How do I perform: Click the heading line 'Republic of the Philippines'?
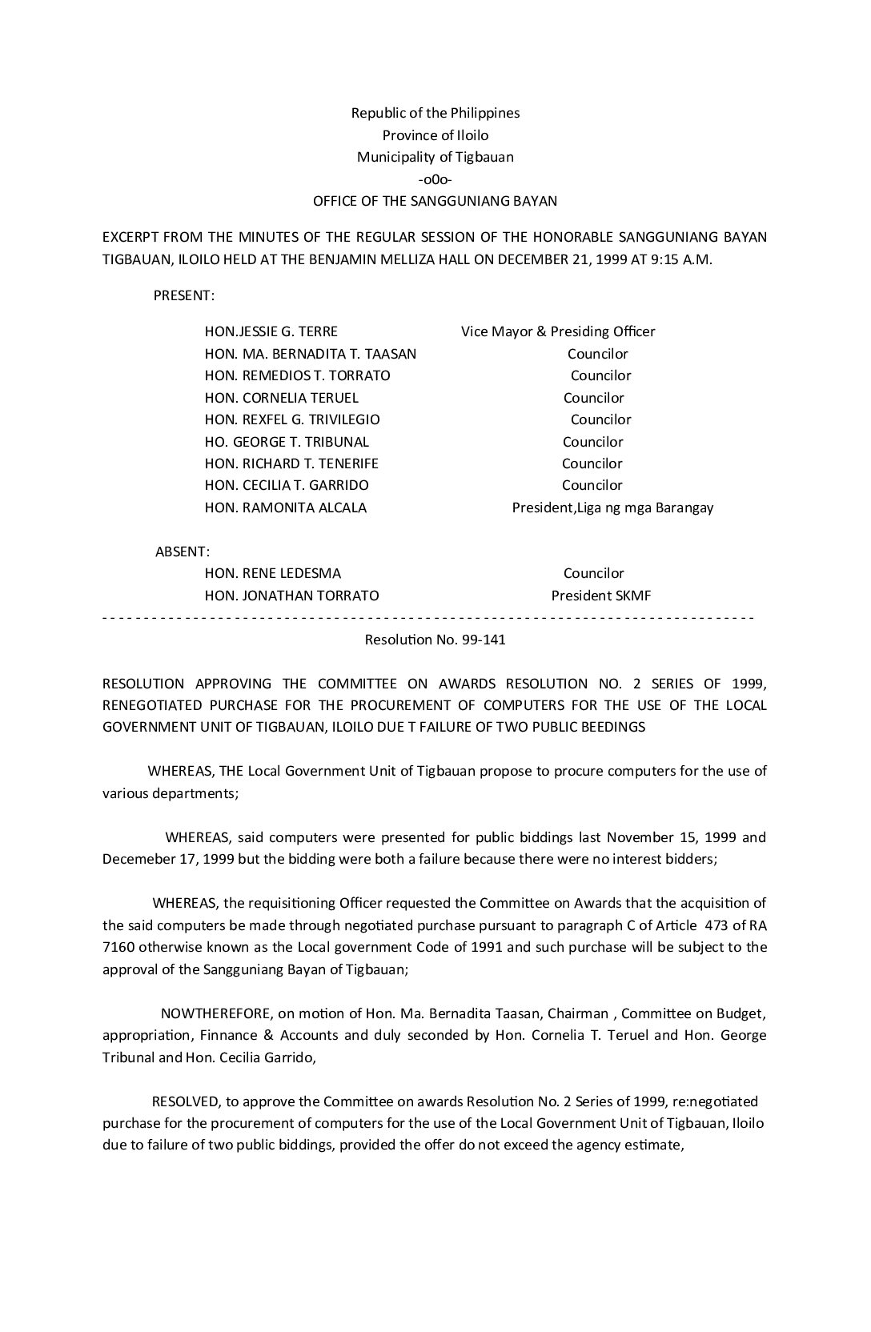point(435,113)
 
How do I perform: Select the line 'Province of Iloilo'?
point(435,135)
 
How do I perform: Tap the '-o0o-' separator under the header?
point(435,179)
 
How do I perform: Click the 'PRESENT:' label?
point(184,295)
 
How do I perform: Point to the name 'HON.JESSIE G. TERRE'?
point(271,331)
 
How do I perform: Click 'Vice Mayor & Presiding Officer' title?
point(558,331)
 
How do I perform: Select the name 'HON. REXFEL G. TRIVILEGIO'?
point(292,419)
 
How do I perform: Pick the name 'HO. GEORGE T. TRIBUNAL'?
point(287,442)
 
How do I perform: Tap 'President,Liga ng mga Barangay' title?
point(612,508)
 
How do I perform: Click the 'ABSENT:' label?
point(183,552)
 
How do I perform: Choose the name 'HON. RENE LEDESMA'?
point(273,573)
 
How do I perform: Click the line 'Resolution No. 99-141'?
point(435,640)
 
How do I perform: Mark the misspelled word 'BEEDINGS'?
point(611,728)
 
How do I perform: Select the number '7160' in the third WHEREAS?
point(118,948)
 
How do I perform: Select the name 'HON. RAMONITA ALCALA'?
point(286,508)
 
